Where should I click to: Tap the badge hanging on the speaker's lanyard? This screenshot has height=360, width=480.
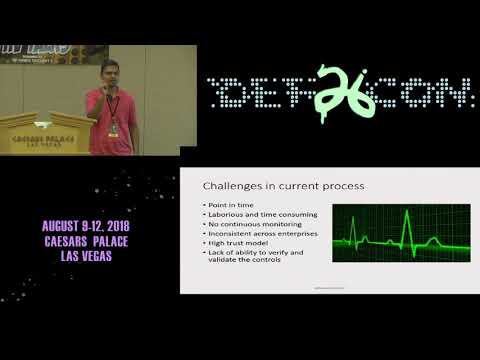pos(114,129)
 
